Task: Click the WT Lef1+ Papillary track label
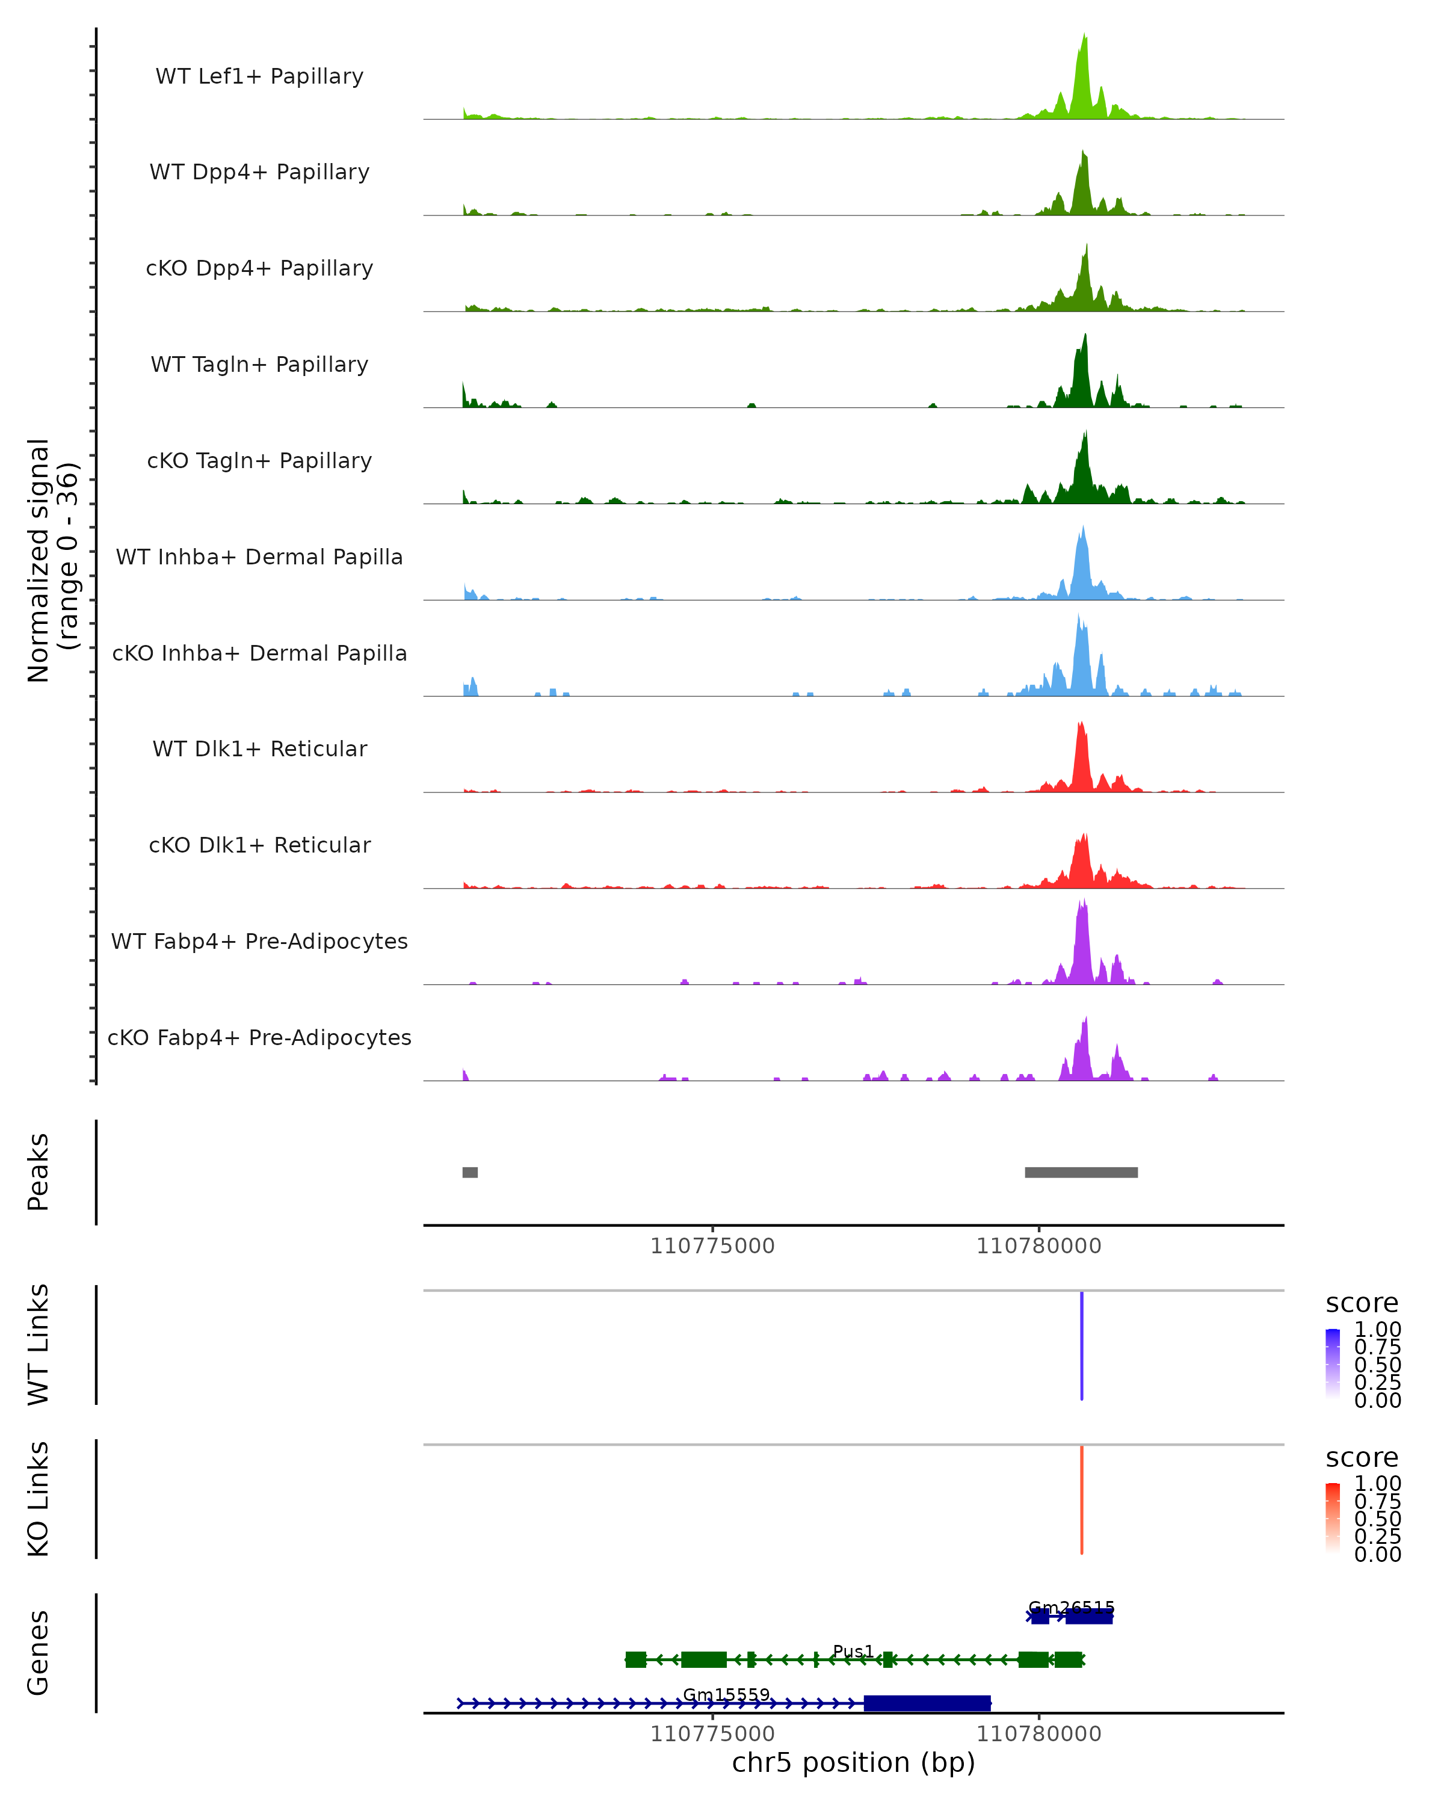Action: coord(259,76)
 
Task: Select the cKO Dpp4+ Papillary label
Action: coord(259,269)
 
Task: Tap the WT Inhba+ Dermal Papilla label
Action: coord(259,558)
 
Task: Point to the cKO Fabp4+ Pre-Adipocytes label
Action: coord(259,1038)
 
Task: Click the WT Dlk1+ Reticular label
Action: coord(259,749)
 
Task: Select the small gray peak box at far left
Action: coord(470,1172)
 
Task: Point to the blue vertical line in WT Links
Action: coord(1082,1345)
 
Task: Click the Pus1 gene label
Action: coord(853,1651)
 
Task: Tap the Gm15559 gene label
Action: coord(726,1694)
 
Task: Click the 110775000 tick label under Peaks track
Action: coord(712,1247)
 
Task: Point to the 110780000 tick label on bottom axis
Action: coord(1039,1734)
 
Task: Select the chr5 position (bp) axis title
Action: coord(853,1763)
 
